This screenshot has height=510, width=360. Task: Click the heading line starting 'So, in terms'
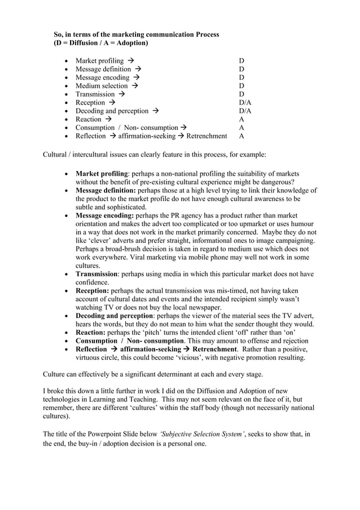[x=136, y=34]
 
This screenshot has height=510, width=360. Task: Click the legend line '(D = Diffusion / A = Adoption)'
[x=101, y=43]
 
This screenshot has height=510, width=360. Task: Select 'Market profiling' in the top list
[x=99, y=60]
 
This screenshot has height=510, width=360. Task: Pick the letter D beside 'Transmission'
[x=242, y=94]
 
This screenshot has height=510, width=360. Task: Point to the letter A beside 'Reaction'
[x=242, y=119]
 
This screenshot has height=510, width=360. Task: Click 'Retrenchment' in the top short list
[x=207, y=136]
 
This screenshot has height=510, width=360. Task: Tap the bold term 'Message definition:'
[x=106, y=191]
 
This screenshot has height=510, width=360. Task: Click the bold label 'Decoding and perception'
[x=114, y=315]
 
